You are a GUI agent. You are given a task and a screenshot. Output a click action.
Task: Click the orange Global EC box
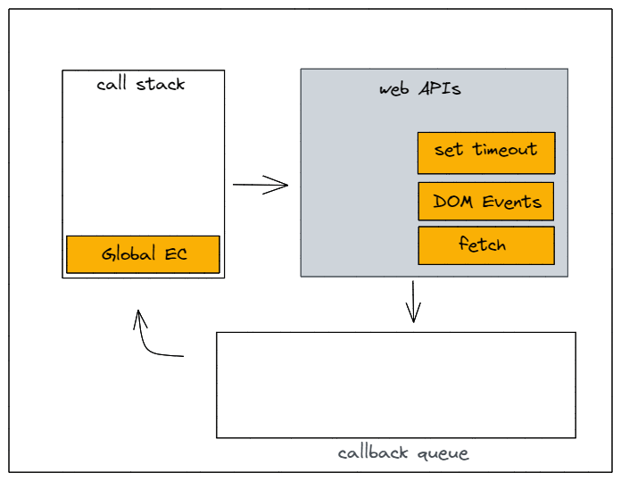coord(143,254)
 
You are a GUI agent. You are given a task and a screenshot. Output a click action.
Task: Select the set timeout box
coord(486,153)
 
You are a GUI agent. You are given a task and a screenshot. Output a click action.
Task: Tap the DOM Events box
coord(486,201)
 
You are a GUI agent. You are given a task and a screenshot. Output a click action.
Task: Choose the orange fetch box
coord(486,245)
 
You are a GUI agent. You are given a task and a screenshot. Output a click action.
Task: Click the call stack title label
coord(141,84)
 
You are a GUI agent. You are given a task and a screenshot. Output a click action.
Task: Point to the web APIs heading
coord(420,90)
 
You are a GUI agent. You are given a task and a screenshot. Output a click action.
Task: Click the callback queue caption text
coord(402,452)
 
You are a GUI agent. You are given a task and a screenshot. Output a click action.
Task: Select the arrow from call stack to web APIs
coord(261,186)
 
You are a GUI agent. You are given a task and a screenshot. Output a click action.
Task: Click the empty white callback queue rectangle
coord(395,385)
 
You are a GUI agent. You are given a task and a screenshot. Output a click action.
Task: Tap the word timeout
coord(505,150)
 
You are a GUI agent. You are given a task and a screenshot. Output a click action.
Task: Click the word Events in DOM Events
coord(512,202)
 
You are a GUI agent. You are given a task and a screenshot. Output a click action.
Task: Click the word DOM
coord(453,202)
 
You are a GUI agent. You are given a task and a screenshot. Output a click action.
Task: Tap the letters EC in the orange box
coord(176,253)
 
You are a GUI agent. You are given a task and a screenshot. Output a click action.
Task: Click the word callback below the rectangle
coord(374,452)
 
